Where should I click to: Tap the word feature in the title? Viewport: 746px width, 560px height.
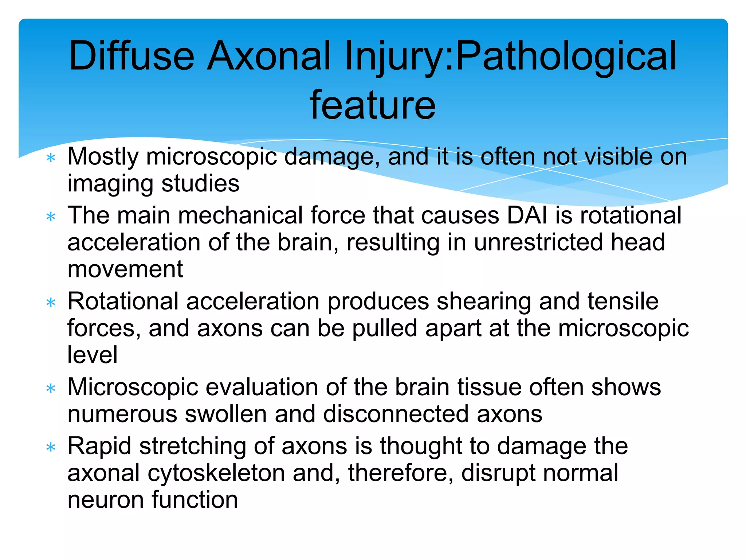point(372,105)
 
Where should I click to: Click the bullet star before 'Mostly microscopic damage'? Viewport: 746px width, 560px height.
point(51,158)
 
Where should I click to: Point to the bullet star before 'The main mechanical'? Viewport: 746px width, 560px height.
point(51,217)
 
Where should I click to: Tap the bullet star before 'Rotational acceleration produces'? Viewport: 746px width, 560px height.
point(51,303)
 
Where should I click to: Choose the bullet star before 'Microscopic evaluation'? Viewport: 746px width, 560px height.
point(51,389)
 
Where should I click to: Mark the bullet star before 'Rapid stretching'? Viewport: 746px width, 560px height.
point(51,447)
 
